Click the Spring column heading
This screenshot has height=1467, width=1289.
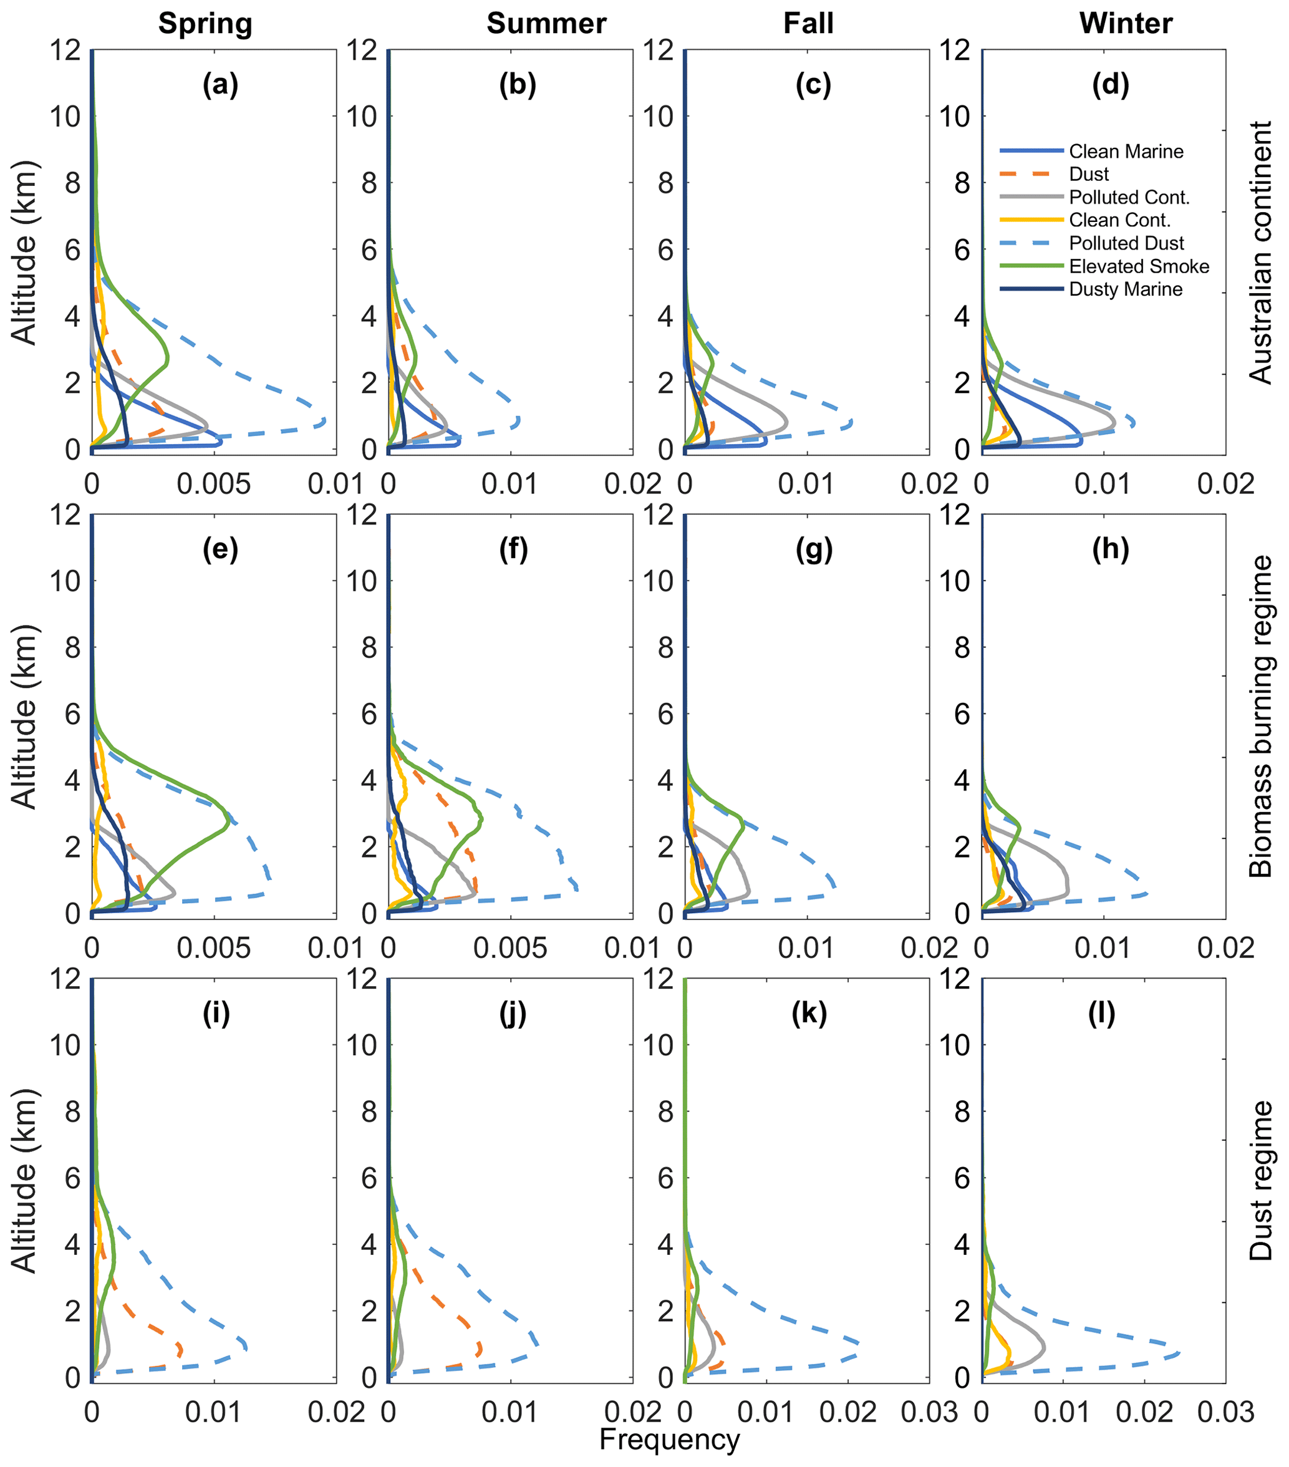tap(205, 24)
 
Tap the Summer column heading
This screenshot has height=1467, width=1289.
tap(546, 24)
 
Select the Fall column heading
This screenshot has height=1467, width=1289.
tap(808, 24)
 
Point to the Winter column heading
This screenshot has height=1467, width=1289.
tap(1126, 24)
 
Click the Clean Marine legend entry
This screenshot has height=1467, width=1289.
tap(1126, 152)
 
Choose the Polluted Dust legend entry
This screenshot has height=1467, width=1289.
tap(1126, 243)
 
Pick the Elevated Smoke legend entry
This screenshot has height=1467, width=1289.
tap(1138, 266)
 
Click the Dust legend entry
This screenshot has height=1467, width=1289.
tap(1089, 175)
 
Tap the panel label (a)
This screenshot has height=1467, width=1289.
tap(220, 85)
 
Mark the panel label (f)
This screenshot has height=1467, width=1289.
tap(513, 549)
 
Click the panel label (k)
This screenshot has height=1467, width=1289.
tap(809, 1014)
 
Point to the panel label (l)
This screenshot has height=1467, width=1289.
tap(1102, 1014)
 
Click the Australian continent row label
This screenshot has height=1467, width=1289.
tap(1260, 253)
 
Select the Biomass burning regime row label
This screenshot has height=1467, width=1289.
tap(1260, 716)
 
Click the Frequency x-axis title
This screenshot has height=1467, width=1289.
tap(669, 1440)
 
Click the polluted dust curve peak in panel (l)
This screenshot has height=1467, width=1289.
tap(1179, 1353)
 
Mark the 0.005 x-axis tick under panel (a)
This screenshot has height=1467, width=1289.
tap(214, 485)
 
